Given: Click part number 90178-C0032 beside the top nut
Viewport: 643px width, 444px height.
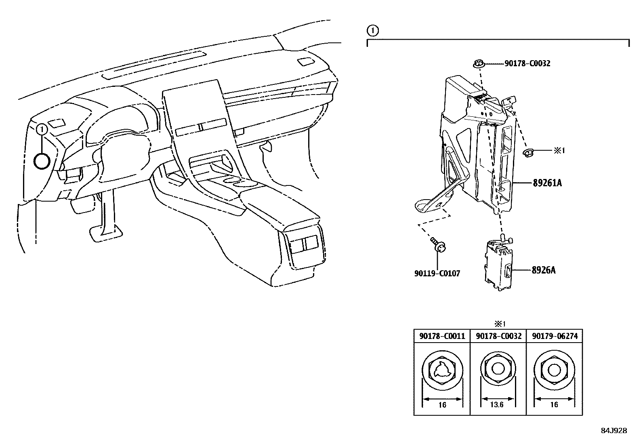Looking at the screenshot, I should [x=527, y=63].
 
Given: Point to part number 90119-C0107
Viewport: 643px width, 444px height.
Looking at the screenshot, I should [x=437, y=274].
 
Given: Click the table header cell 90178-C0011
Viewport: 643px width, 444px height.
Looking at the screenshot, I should [x=442, y=336].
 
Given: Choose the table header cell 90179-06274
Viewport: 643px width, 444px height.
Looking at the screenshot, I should [x=555, y=336].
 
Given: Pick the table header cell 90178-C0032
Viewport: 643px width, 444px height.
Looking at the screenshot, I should [x=498, y=336].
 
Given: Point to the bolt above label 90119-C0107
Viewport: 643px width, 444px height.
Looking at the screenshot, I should [x=438, y=244].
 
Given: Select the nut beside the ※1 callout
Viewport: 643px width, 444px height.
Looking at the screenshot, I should [x=527, y=152].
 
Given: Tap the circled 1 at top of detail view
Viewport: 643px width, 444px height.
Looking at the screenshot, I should [x=372, y=30].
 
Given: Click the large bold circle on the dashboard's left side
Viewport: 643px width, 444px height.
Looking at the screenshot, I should [x=42, y=161].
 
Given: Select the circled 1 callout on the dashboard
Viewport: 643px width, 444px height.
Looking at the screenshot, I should [x=42, y=129].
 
